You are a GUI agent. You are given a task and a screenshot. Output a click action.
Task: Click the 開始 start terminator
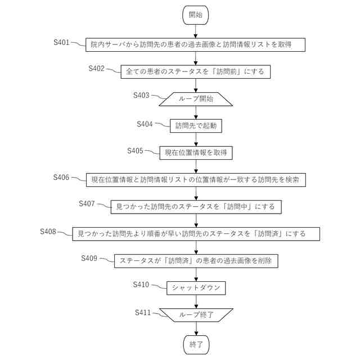(196, 15)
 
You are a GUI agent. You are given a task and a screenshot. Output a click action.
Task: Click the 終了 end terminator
(196, 343)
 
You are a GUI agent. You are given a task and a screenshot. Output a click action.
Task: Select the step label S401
(61, 42)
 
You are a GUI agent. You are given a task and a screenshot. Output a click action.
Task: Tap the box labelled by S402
(196, 72)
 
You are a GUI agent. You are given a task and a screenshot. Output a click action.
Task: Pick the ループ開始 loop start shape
(196, 99)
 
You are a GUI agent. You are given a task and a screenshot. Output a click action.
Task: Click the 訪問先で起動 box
(196, 126)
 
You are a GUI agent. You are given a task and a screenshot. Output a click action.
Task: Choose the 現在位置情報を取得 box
(196, 152)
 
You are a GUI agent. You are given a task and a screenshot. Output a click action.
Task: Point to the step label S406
(61, 177)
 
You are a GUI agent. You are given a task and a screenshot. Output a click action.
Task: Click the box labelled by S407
(196, 206)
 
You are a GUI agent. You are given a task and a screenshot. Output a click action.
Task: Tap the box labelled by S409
(196, 261)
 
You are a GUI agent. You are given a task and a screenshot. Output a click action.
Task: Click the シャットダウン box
(196, 288)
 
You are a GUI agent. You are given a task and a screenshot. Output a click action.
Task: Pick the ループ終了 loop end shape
(196, 315)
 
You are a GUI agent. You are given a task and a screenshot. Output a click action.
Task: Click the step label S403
(141, 94)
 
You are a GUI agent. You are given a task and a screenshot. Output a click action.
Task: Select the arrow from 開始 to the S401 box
(196, 30)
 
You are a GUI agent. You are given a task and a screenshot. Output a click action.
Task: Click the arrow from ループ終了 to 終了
(196, 327)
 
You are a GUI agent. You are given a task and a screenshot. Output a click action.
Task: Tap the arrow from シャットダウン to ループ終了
(196, 301)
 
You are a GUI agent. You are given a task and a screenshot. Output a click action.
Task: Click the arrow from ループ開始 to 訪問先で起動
(196, 112)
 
